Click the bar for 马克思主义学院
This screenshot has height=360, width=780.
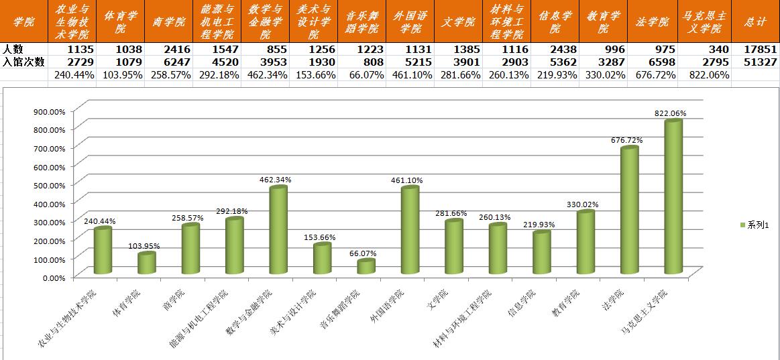click(673, 198)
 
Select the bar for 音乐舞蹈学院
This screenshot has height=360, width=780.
click(366, 267)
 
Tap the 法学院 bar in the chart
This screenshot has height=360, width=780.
click(629, 211)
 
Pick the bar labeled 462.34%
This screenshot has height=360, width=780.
click(278, 230)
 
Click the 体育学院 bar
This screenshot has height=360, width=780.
click(146, 263)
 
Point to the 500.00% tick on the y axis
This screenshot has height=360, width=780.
click(50, 185)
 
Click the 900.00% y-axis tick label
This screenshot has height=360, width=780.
click(50, 111)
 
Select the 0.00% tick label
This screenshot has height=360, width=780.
click(54, 277)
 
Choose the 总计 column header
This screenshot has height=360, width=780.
click(755, 22)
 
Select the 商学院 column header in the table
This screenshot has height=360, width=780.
click(169, 22)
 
